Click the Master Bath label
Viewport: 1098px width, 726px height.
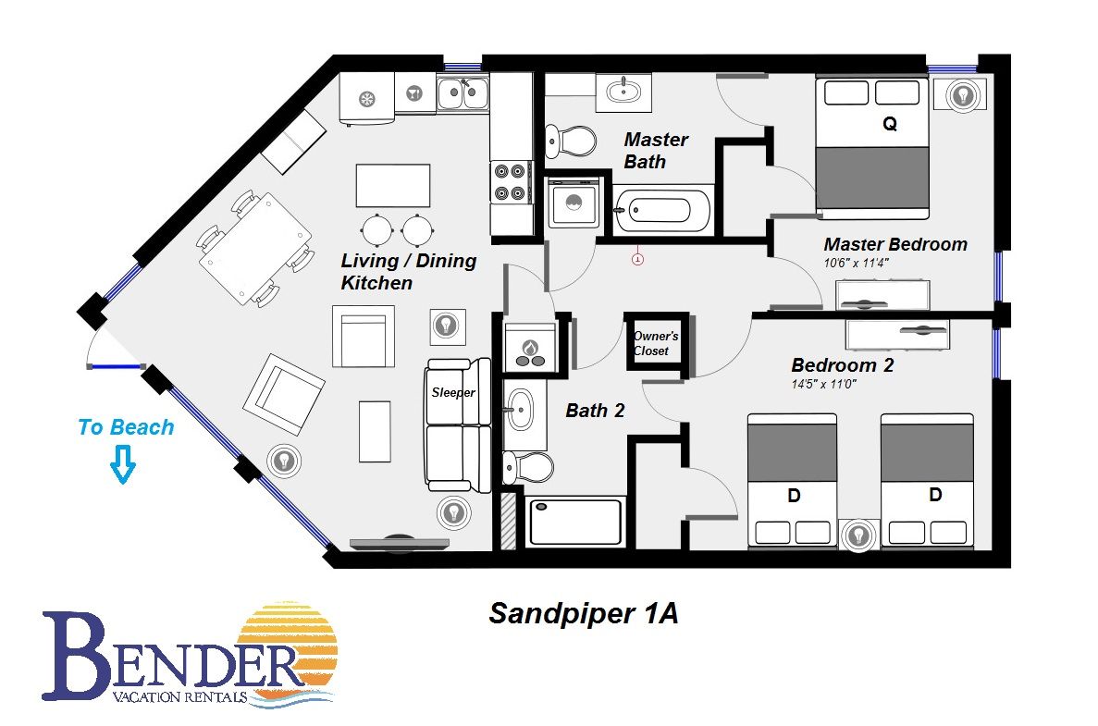click(x=656, y=151)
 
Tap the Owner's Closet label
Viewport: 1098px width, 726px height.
click(x=656, y=343)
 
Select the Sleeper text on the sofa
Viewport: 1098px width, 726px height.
click(x=453, y=393)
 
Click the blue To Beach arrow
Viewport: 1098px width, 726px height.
click(x=123, y=465)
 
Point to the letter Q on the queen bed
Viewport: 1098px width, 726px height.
click(x=889, y=124)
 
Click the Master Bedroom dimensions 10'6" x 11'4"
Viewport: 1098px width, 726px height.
click(x=856, y=264)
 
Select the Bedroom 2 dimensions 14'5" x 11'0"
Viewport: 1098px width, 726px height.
click(x=823, y=384)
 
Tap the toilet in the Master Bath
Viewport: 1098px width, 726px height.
click(x=570, y=142)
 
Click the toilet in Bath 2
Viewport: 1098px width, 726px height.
click(x=528, y=467)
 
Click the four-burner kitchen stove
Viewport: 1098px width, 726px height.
click(x=511, y=182)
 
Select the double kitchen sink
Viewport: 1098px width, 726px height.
click(x=463, y=93)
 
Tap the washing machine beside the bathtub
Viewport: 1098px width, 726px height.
click(x=574, y=203)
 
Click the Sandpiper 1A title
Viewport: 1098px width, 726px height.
click(x=584, y=613)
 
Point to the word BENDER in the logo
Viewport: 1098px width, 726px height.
click(x=171, y=657)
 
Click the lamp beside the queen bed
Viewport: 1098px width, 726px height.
click(x=964, y=94)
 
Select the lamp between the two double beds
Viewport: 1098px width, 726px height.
click(x=858, y=536)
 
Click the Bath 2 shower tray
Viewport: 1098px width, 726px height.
click(x=575, y=521)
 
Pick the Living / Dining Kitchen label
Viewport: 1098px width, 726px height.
click(x=409, y=272)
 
